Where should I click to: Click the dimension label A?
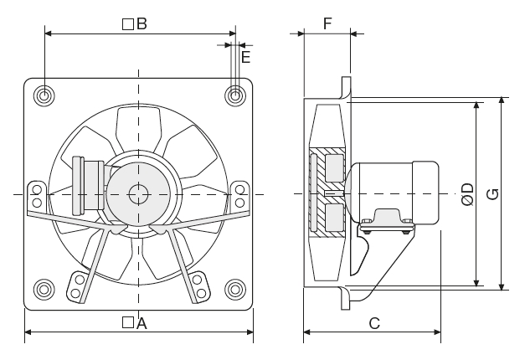142,323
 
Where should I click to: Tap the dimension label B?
142,24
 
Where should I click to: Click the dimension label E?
245,57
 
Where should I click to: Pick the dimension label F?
327,23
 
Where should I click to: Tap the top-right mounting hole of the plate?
235,96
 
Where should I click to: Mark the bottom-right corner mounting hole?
235,290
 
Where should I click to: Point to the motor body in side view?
394,193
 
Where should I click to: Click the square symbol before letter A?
126,323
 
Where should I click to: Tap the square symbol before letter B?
127,24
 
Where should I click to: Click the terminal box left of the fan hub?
87,184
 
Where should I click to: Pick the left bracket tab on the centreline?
36,196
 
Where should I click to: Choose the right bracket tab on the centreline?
240,196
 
